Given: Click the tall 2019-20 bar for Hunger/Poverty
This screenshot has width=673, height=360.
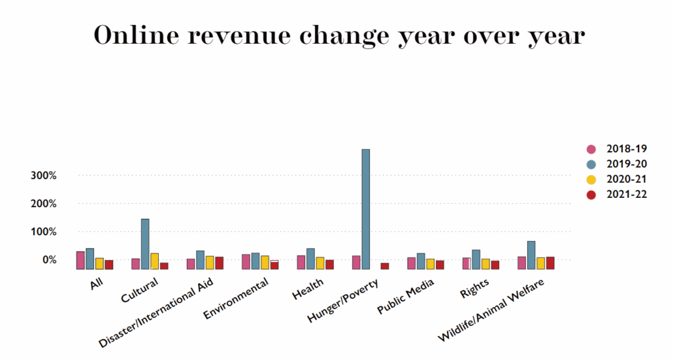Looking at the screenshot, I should pos(366,208).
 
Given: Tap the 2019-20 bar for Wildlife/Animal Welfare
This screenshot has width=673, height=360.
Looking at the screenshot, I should pos(531,255).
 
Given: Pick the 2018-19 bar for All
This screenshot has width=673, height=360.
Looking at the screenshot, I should pos(80,260).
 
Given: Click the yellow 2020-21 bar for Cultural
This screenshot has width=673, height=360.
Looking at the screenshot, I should pos(155,261).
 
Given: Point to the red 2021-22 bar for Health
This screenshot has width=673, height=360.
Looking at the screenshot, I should pos(330,264).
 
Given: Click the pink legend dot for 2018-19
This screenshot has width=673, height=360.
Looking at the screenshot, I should pos(591,149).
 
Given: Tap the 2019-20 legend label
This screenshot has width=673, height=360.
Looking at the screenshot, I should pos(626,164).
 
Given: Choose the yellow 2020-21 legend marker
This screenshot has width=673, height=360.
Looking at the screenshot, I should pos(591,179).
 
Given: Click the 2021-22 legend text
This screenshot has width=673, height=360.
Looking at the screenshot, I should pos(626,194).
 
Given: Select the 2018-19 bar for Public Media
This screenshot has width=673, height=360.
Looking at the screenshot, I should pos(411,263).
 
